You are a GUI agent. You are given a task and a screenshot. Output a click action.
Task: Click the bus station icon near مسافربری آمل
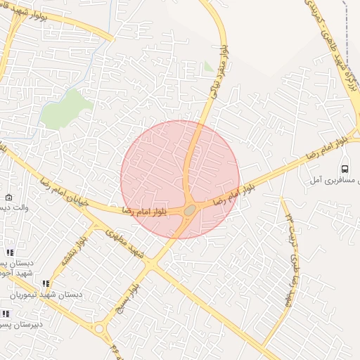344,169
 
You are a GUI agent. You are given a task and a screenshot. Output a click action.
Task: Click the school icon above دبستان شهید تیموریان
46,283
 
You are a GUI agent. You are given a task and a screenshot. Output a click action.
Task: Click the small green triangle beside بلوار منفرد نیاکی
208,67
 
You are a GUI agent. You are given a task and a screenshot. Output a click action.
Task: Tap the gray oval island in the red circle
190,210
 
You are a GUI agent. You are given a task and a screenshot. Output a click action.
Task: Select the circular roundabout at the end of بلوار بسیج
99,328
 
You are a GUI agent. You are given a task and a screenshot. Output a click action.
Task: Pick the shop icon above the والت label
8,198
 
